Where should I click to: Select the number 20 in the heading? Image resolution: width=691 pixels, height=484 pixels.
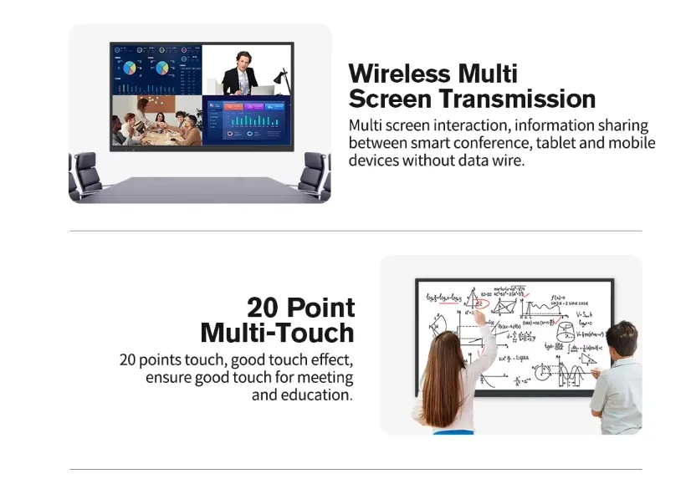tap(264, 307)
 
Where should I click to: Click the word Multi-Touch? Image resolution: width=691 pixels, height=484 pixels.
tap(277, 333)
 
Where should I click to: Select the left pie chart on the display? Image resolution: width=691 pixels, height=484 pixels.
tap(131, 67)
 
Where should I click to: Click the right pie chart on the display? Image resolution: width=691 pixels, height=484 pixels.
tap(161, 67)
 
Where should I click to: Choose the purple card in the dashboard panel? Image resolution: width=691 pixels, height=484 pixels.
tap(253, 107)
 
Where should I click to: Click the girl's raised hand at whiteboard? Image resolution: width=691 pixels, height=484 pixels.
tap(479, 305)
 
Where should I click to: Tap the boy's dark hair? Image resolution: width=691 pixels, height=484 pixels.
tap(622, 334)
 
